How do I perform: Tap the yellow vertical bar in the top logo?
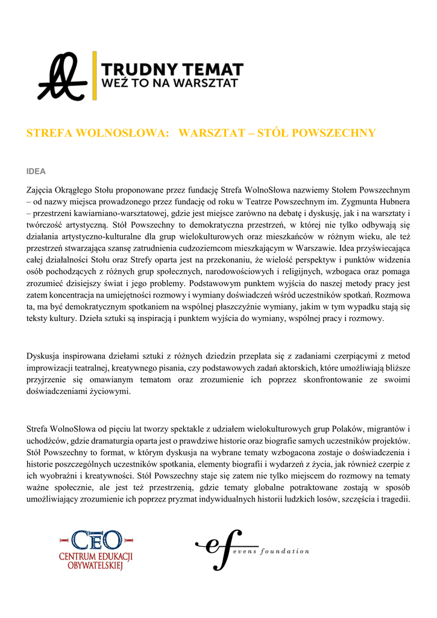tap(94, 76)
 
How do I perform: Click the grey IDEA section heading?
tap(36, 171)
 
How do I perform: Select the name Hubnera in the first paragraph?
tap(393, 202)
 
